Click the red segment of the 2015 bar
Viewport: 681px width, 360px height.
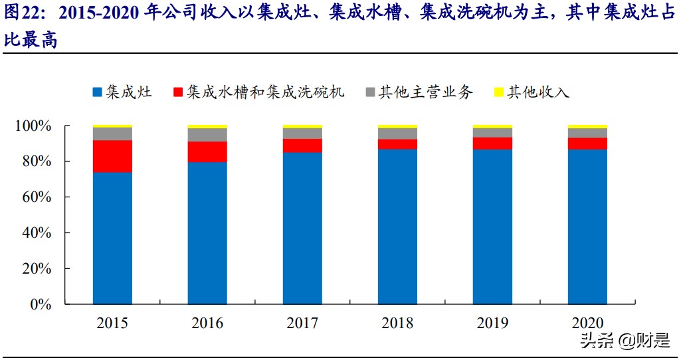pyautogui.click(x=112, y=156)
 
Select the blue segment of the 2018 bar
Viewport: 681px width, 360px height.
pyautogui.click(x=397, y=226)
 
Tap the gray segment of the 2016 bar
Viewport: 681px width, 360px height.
pyautogui.click(x=207, y=135)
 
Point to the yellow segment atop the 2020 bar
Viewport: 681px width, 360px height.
pyautogui.click(x=587, y=126)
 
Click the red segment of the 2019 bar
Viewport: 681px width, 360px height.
pyautogui.click(x=492, y=143)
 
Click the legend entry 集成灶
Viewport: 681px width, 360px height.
pyautogui.click(x=122, y=92)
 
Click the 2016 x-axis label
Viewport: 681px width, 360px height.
pyautogui.click(x=207, y=323)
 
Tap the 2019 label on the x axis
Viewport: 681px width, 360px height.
pyautogui.click(x=492, y=323)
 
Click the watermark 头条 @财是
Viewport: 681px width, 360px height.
pyautogui.click(x=625, y=341)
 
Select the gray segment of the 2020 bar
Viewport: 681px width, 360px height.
pyautogui.click(x=587, y=133)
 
